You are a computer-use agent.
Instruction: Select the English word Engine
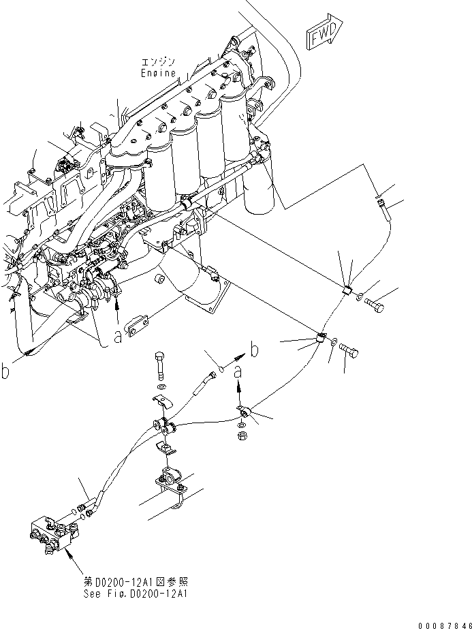[158, 72]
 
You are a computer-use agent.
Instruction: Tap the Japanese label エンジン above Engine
[158, 62]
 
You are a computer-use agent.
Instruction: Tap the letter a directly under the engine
[119, 337]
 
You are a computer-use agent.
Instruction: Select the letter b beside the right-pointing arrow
[255, 351]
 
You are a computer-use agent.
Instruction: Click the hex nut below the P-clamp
[242, 434]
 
